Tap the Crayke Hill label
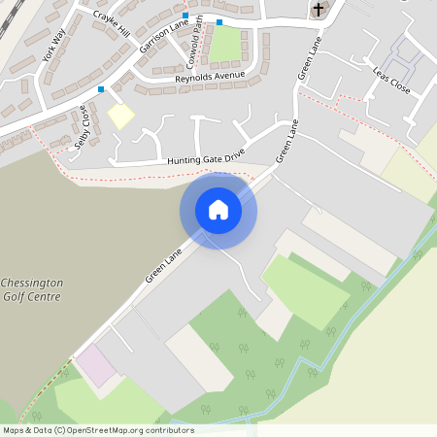(x=111, y=19)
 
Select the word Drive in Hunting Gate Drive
(x=229, y=155)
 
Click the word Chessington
(x=33, y=283)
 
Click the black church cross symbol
(x=318, y=10)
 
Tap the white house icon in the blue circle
(x=218, y=210)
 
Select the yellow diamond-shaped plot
(x=120, y=116)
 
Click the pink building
(x=95, y=366)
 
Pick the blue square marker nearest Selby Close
(x=101, y=89)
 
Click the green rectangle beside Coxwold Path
(x=224, y=44)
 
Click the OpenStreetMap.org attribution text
(x=130, y=430)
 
